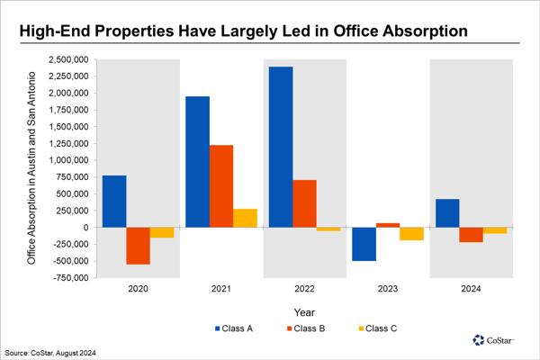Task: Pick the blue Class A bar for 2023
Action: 364,244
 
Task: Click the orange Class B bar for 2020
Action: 138,245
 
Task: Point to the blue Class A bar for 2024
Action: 447,212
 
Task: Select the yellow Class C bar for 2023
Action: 411,233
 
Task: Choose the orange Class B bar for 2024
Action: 471,234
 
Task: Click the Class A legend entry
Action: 233,328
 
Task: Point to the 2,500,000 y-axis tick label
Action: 68,59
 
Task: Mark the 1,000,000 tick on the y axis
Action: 68,160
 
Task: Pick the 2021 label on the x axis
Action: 221,289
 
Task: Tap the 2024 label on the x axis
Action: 471,289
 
